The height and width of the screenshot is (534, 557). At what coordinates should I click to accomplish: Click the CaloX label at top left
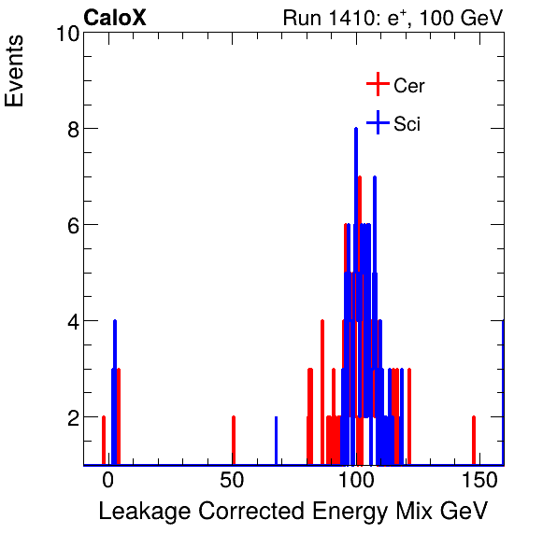[115, 18]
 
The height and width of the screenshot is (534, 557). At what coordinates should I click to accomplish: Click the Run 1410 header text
[393, 18]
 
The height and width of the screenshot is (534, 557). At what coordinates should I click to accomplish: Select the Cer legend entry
[409, 86]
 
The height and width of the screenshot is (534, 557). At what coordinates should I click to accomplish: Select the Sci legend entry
[407, 124]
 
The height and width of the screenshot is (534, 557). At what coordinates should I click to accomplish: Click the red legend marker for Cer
[377, 85]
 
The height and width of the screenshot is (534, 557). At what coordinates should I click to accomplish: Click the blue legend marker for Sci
[377, 122]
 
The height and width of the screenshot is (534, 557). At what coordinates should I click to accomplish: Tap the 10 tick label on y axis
[64, 34]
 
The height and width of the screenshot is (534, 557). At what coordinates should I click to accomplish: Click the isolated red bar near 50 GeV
[233, 440]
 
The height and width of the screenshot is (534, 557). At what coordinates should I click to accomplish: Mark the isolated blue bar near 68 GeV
[277, 440]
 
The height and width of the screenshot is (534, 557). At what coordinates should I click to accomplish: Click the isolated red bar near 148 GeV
[474, 440]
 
